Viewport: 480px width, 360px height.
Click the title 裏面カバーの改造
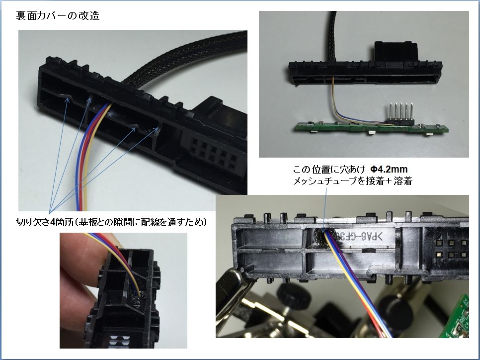pos(58,15)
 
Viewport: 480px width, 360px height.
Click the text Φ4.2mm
pos(389,169)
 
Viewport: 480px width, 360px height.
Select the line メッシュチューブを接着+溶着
pos(353,181)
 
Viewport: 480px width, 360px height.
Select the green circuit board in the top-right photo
pos(372,128)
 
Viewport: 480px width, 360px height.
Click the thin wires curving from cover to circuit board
pos(346,107)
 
